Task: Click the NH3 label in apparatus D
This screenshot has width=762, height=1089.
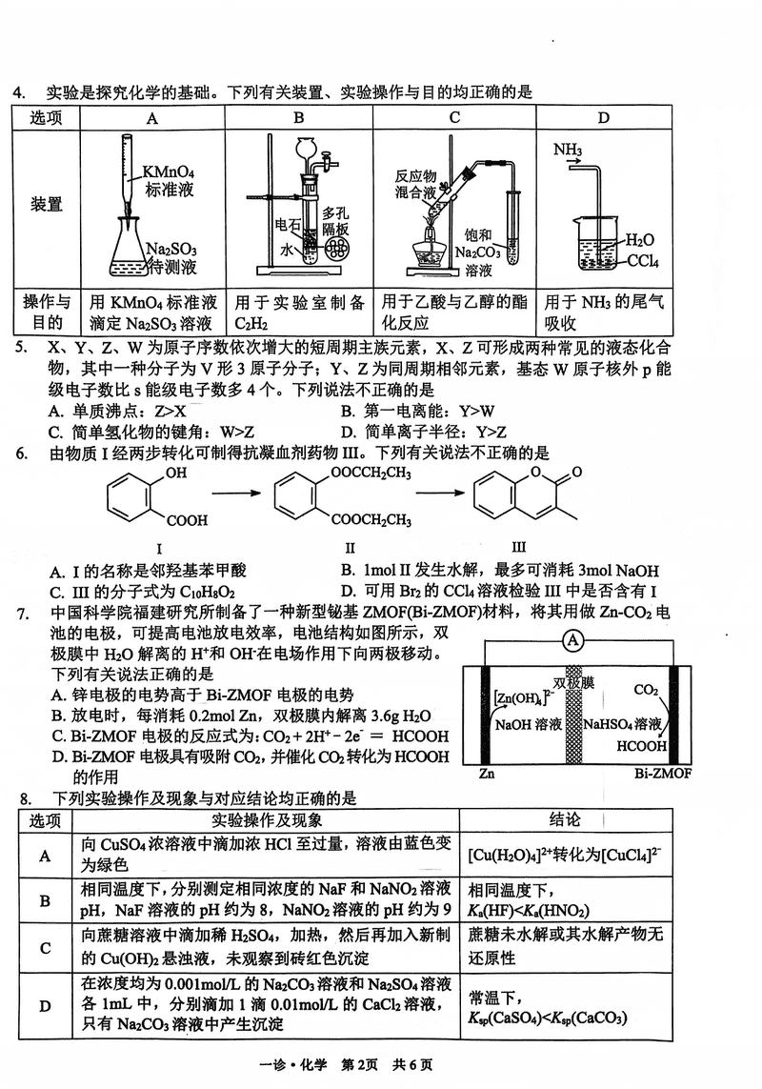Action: pyautogui.click(x=568, y=150)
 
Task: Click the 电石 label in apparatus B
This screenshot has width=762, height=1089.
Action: pyautogui.click(x=288, y=225)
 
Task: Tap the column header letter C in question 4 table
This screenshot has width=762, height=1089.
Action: pyautogui.click(x=454, y=118)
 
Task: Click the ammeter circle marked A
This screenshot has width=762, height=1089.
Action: pyautogui.click(x=573, y=641)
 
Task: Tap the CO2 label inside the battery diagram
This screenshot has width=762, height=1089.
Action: pyautogui.click(x=646, y=689)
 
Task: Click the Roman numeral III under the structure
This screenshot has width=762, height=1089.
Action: pyautogui.click(x=518, y=547)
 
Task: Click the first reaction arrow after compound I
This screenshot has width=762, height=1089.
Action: pyautogui.click(x=237, y=494)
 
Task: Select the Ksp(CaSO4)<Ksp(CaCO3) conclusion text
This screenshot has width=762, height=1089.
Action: pyautogui.click(x=547, y=1018)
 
